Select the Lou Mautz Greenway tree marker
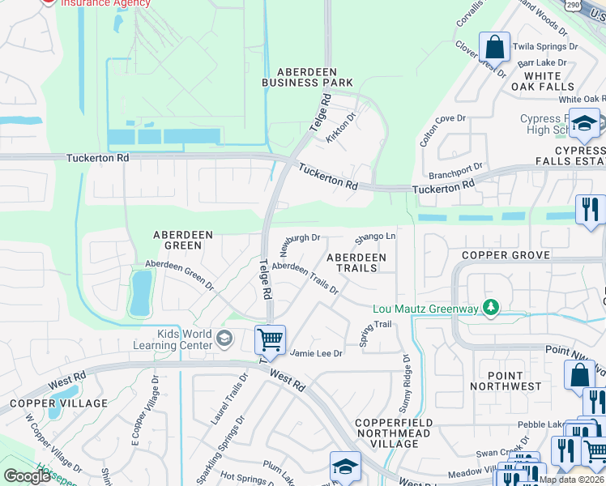click(490, 307)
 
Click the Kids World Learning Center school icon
click(224, 339)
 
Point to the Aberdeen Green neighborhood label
click(183, 241)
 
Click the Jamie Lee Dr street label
click(317, 353)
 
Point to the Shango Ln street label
click(375, 237)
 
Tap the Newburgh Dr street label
click(301, 241)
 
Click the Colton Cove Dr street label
click(442, 130)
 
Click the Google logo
click(27, 476)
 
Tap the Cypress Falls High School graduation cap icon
click(583, 123)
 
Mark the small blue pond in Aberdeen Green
click(141, 292)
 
